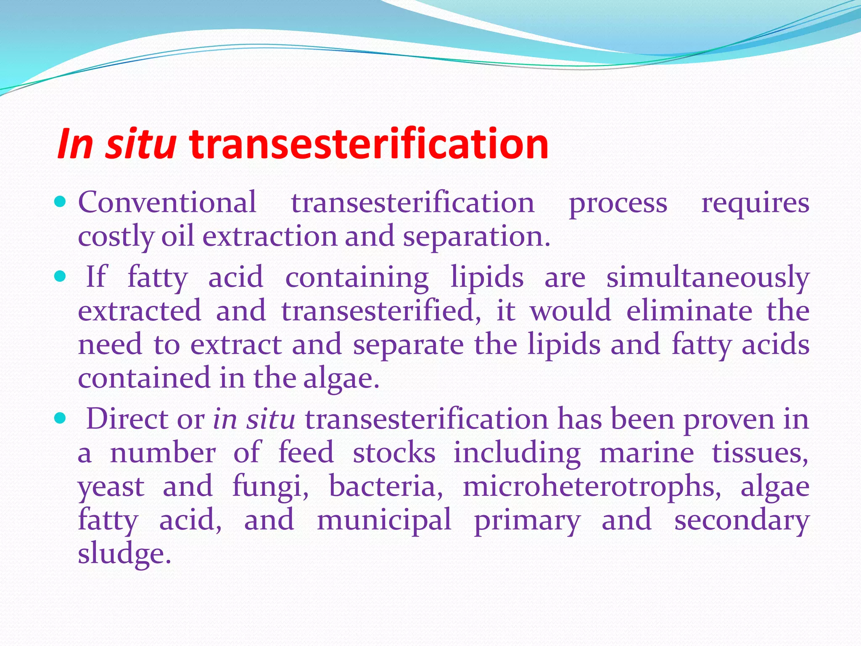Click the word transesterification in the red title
369,144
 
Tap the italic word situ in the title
140,144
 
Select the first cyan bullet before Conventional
61,202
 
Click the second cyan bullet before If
61,277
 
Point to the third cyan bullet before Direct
61,418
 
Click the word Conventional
167,202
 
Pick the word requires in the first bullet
755,203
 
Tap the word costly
116,237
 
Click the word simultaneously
708,278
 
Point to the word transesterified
381,311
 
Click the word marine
647,453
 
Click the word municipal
384,520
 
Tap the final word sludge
124,553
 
